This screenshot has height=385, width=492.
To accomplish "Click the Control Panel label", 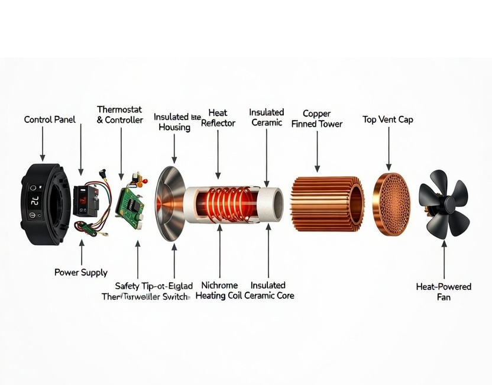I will [50, 119].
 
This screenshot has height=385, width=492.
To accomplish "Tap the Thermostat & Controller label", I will [120, 115].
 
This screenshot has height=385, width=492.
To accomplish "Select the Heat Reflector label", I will [218, 118].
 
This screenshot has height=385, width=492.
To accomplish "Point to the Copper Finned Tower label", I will [316, 118].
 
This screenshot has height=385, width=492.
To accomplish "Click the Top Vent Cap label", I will [387, 119].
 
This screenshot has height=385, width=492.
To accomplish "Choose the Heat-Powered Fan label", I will [444, 292].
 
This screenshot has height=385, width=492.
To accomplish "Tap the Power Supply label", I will [81, 273].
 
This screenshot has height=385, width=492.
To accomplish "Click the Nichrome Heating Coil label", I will [219, 290].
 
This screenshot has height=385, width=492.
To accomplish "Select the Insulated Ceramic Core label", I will [268, 290].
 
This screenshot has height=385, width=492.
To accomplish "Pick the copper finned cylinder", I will [327, 201].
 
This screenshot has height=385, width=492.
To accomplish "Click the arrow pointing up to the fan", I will [444, 260].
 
